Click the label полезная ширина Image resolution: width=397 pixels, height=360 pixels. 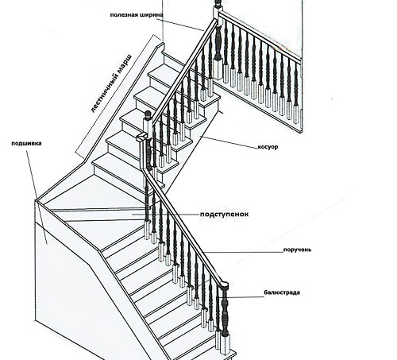[x=137, y=14]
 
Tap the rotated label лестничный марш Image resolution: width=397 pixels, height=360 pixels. [x=111, y=83]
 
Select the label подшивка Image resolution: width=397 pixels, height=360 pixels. [x=26, y=143]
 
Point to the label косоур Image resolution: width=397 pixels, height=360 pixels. [x=268, y=147]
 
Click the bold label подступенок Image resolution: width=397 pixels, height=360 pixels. [x=224, y=214]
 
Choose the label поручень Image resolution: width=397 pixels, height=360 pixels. [x=297, y=250]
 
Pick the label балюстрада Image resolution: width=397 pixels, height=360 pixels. [x=282, y=292]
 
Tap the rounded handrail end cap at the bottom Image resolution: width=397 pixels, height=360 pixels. [x=223, y=285]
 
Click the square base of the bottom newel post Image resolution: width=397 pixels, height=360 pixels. [x=225, y=343]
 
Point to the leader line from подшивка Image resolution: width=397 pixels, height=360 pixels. [x=37, y=197]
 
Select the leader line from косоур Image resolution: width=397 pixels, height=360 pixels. [x=229, y=141]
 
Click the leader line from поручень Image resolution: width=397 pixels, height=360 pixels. [x=244, y=252]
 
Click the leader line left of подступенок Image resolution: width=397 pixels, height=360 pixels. [x=166, y=214]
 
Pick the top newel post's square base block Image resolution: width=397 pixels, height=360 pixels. [x=218, y=69]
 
